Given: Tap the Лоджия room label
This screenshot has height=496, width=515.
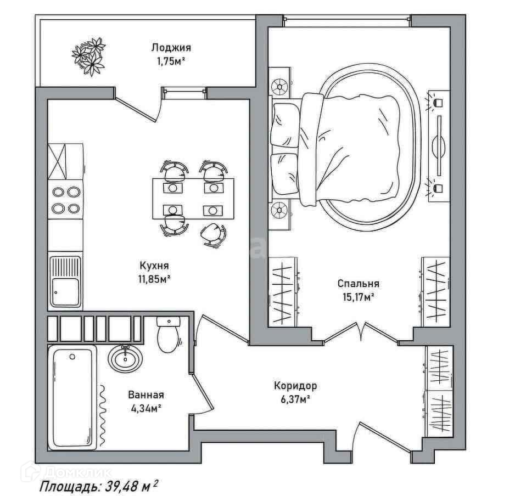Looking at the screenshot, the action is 171,48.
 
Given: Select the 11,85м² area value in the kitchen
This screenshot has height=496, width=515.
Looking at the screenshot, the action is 154,279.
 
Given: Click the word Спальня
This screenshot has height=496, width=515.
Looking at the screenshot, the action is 359,283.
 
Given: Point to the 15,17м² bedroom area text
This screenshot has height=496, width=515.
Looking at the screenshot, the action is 359,297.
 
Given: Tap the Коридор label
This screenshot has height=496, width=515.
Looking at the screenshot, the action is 295,385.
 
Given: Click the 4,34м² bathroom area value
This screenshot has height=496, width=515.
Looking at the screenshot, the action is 146,409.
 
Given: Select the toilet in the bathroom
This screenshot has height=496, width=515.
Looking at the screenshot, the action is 168,335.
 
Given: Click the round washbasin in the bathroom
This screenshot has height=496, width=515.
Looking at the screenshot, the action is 125,359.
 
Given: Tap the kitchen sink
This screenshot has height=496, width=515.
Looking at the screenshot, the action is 66,282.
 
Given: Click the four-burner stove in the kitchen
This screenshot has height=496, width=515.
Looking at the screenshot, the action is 66,200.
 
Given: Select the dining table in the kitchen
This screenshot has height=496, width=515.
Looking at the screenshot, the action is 193,199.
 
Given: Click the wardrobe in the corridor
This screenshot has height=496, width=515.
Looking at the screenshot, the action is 439,391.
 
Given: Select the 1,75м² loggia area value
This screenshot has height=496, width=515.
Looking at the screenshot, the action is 171,61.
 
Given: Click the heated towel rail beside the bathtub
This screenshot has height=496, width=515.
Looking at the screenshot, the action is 103,416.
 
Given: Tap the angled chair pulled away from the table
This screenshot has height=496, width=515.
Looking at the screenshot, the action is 214,234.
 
